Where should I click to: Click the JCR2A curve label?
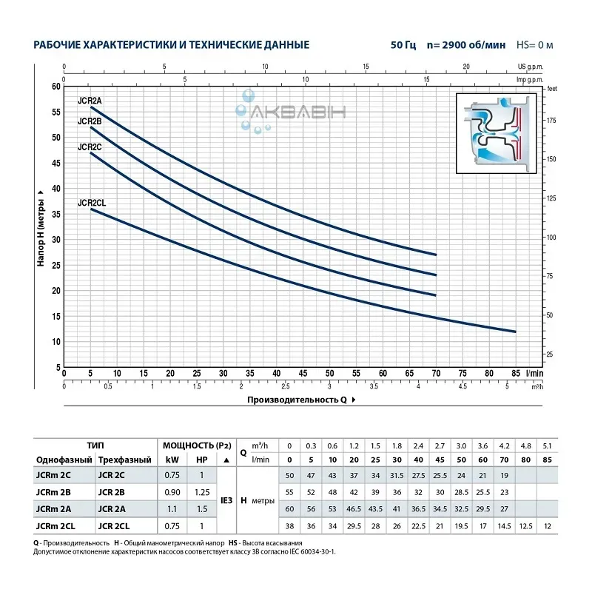[90, 99]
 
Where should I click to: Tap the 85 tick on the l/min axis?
[515, 374]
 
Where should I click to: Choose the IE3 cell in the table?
[226, 501]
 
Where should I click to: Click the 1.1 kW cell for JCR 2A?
[171, 508]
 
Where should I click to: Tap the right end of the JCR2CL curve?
[515, 331]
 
